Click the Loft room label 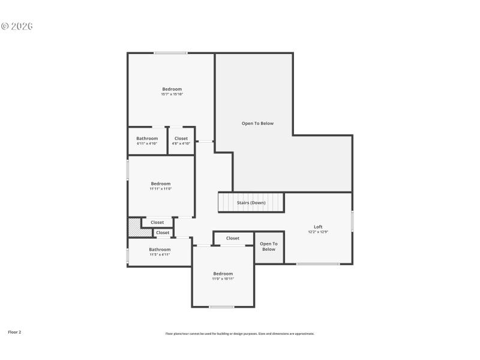click(x=318, y=227)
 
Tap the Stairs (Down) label click(x=251, y=203)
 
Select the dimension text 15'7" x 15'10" click(x=172, y=94)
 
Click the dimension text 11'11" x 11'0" click(x=161, y=189)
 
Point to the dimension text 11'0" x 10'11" click(x=223, y=279)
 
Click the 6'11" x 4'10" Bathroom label click(x=147, y=139)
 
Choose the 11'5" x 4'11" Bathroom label click(x=160, y=250)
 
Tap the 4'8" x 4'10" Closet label click(x=181, y=139)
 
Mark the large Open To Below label click(x=257, y=124)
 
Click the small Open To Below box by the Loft click(x=269, y=247)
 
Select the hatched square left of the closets click(x=134, y=227)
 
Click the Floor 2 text click(x=14, y=332)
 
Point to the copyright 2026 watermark click(x=16, y=26)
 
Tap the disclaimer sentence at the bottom click(x=240, y=334)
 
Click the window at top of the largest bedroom click(x=170, y=53)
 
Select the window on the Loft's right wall click(x=352, y=221)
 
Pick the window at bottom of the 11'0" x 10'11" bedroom click(x=222, y=307)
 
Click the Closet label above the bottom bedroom click(x=233, y=238)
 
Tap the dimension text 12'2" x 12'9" click(x=318, y=232)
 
